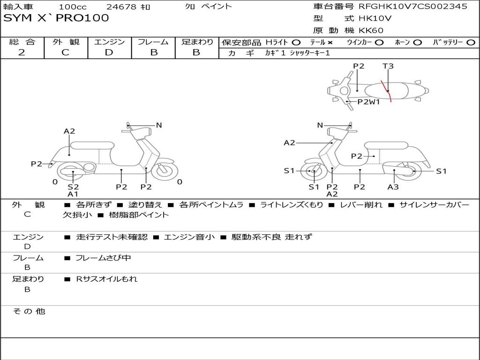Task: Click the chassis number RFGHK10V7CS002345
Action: click(x=413, y=6)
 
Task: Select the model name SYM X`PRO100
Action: click(x=56, y=18)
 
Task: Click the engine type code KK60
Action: click(x=371, y=30)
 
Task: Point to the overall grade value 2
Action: click(x=22, y=52)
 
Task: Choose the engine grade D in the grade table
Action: click(x=109, y=52)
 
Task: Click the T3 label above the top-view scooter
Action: click(x=388, y=66)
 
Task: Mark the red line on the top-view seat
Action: click(x=387, y=91)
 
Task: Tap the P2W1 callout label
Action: click(x=368, y=102)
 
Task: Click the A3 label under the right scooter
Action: click(x=393, y=187)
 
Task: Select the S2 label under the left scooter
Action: click(x=73, y=187)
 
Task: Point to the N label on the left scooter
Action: click(x=159, y=125)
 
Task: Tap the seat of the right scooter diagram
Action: click(x=385, y=146)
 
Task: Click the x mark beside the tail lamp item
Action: click(x=330, y=43)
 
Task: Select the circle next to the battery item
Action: click(x=471, y=43)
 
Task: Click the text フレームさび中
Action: click(x=103, y=258)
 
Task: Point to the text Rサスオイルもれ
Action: click(x=106, y=279)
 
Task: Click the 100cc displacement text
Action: click(x=73, y=7)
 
